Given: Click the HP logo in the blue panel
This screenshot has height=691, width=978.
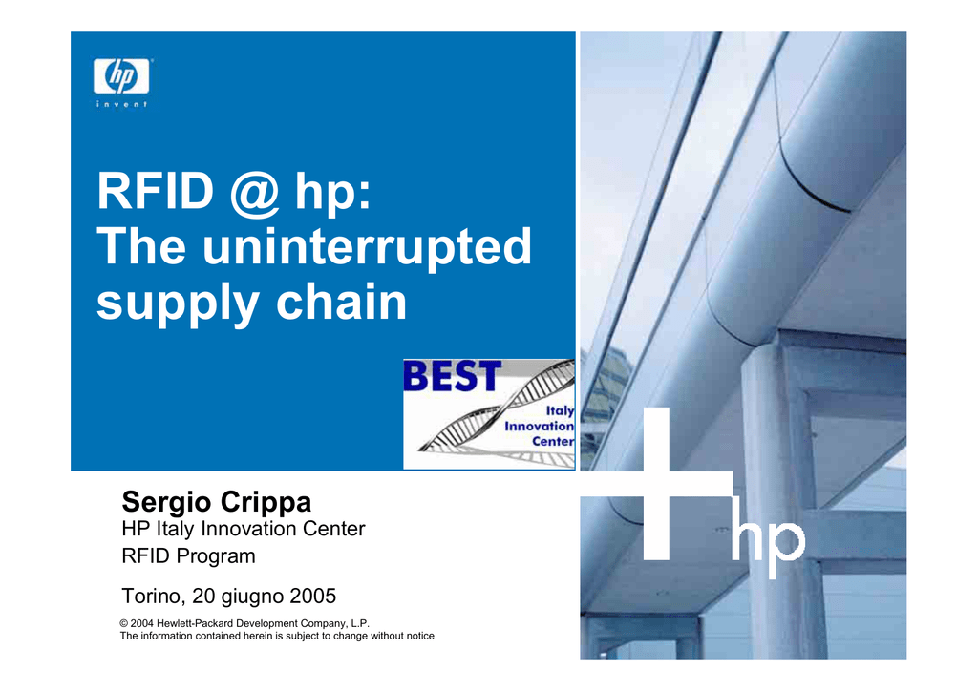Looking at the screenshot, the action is (x=121, y=76).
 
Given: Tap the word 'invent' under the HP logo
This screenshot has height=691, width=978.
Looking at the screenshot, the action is (x=121, y=104).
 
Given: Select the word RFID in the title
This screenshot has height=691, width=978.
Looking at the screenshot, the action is (x=156, y=191).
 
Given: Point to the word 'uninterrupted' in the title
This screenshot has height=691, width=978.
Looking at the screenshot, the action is (x=367, y=247).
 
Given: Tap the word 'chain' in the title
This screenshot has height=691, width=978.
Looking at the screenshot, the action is (x=341, y=301).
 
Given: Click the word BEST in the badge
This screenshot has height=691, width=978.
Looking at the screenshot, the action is (x=452, y=376).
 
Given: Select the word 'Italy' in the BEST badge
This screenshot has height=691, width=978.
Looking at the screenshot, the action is (x=560, y=410).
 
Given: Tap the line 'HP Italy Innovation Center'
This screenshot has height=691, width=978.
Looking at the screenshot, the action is (x=244, y=529).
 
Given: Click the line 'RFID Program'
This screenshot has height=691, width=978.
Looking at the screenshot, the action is (x=188, y=555).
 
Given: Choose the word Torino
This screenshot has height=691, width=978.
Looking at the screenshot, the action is (x=154, y=597).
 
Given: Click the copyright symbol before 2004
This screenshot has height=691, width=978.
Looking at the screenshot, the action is (x=124, y=623).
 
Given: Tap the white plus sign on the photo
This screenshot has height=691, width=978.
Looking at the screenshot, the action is (x=657, y=484).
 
